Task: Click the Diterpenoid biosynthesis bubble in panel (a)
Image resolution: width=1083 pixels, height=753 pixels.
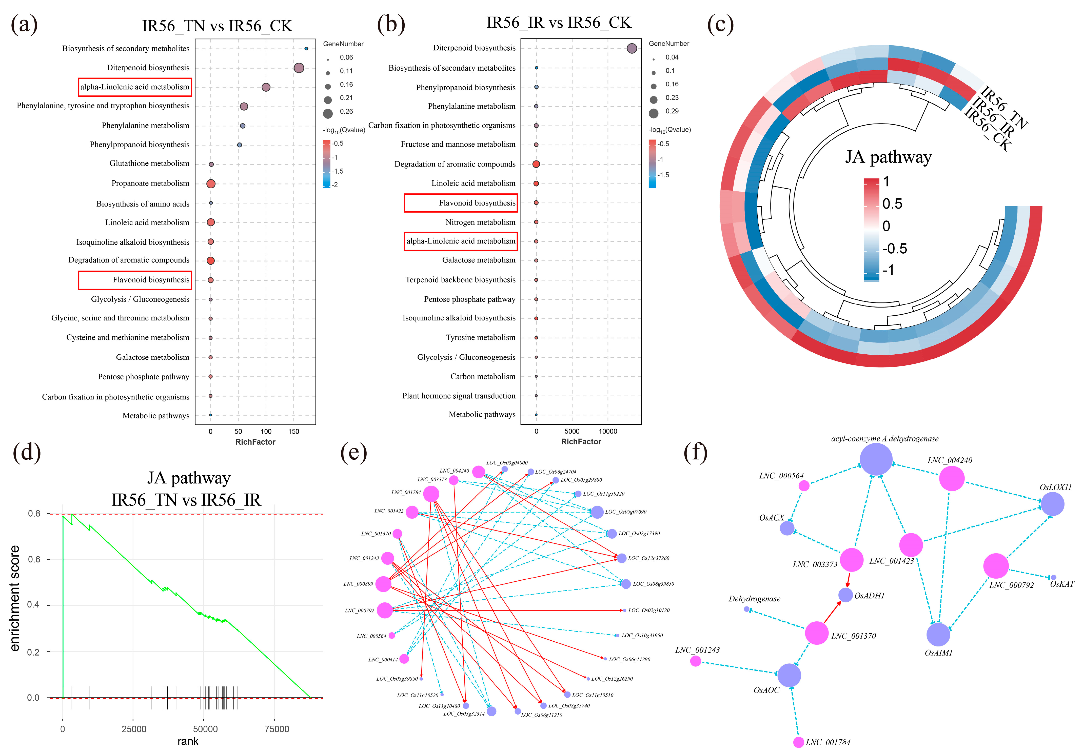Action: tap(299, 68)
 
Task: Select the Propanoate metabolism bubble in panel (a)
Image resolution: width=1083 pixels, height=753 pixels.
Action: tap(211, 184)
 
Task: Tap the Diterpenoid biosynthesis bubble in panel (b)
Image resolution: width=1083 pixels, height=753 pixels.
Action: tap(632, 48)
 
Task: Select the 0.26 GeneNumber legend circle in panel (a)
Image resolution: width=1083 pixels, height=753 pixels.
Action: tap(328, 113)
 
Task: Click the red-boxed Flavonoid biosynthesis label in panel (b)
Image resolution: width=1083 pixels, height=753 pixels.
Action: tap(477, 203)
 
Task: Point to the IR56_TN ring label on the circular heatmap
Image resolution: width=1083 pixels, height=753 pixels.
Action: tap(1005, 107)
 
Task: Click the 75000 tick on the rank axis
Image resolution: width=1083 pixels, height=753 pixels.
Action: tap(277, 729)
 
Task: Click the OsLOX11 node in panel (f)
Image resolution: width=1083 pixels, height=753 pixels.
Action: tap(1052, 504)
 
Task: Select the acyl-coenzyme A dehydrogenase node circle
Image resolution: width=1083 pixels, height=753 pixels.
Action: tap(876, 459)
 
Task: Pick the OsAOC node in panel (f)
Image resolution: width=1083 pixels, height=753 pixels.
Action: tap(789, 675)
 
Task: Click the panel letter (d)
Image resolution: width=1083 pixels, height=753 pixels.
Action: tap(27, 452)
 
